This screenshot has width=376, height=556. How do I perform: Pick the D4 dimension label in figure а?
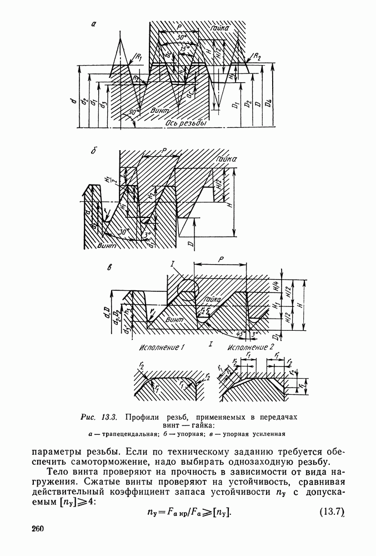click(269, 103)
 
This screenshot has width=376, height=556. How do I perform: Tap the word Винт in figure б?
click(106, 244)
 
